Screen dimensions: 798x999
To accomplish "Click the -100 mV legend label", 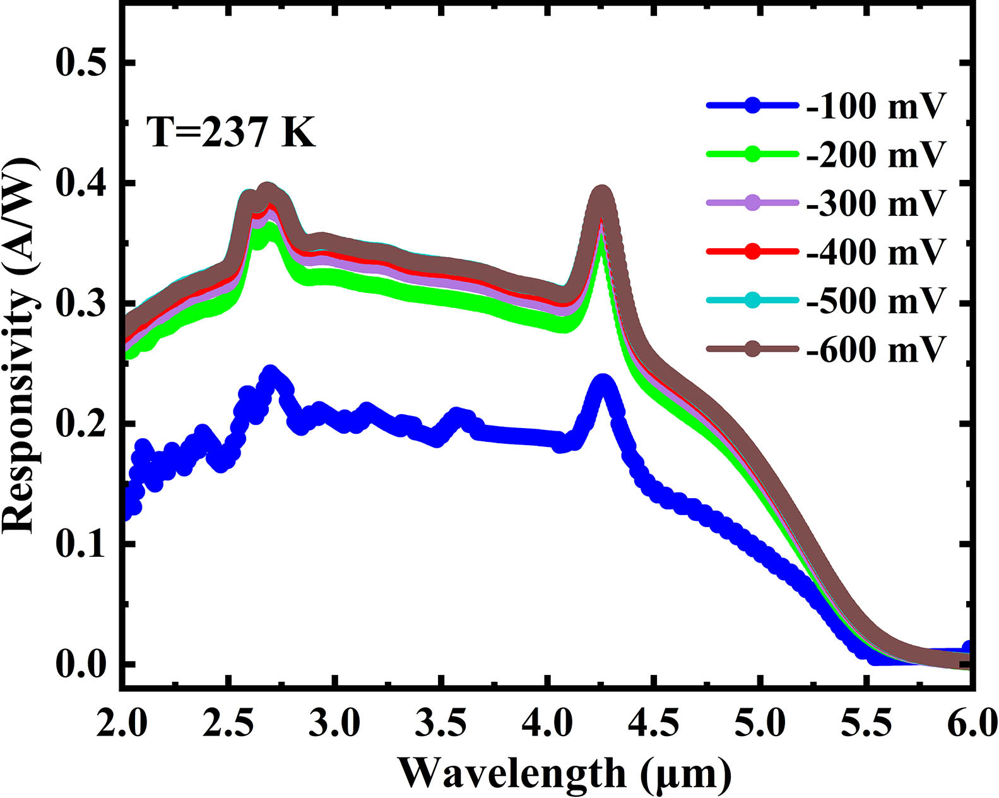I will [877, 106].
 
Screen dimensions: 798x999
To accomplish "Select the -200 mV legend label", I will [877, 155].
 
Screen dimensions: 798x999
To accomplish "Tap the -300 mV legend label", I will [877, 203].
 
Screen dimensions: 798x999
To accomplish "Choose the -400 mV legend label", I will [877, 252].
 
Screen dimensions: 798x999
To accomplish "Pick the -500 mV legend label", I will [877, 300].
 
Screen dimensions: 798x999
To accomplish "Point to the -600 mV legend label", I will [877, 348].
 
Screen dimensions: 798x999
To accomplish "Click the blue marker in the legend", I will [752, 106].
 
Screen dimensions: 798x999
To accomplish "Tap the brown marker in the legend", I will [752, 348].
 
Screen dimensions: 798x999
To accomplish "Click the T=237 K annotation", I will [231, 133].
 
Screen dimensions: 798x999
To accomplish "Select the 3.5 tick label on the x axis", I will [441, 722].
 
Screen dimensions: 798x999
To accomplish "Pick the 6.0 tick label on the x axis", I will [972, 722].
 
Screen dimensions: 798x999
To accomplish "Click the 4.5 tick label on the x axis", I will [654, 722].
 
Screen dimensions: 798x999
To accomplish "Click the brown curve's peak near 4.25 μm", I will [602, 193].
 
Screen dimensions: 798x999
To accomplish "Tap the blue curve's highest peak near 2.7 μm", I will [271, 373].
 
